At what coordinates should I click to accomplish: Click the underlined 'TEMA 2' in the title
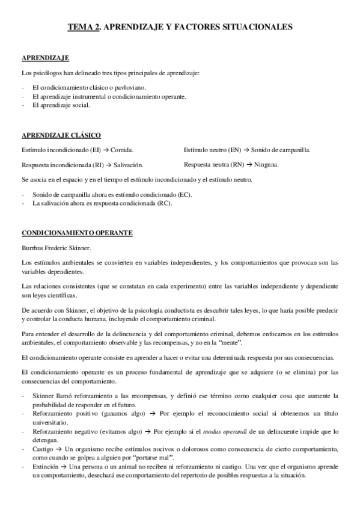click(x=83, y=26)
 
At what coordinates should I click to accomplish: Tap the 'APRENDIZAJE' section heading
click(x=45, y=58)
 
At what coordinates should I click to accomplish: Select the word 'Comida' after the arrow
click(x=122, y=149)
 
